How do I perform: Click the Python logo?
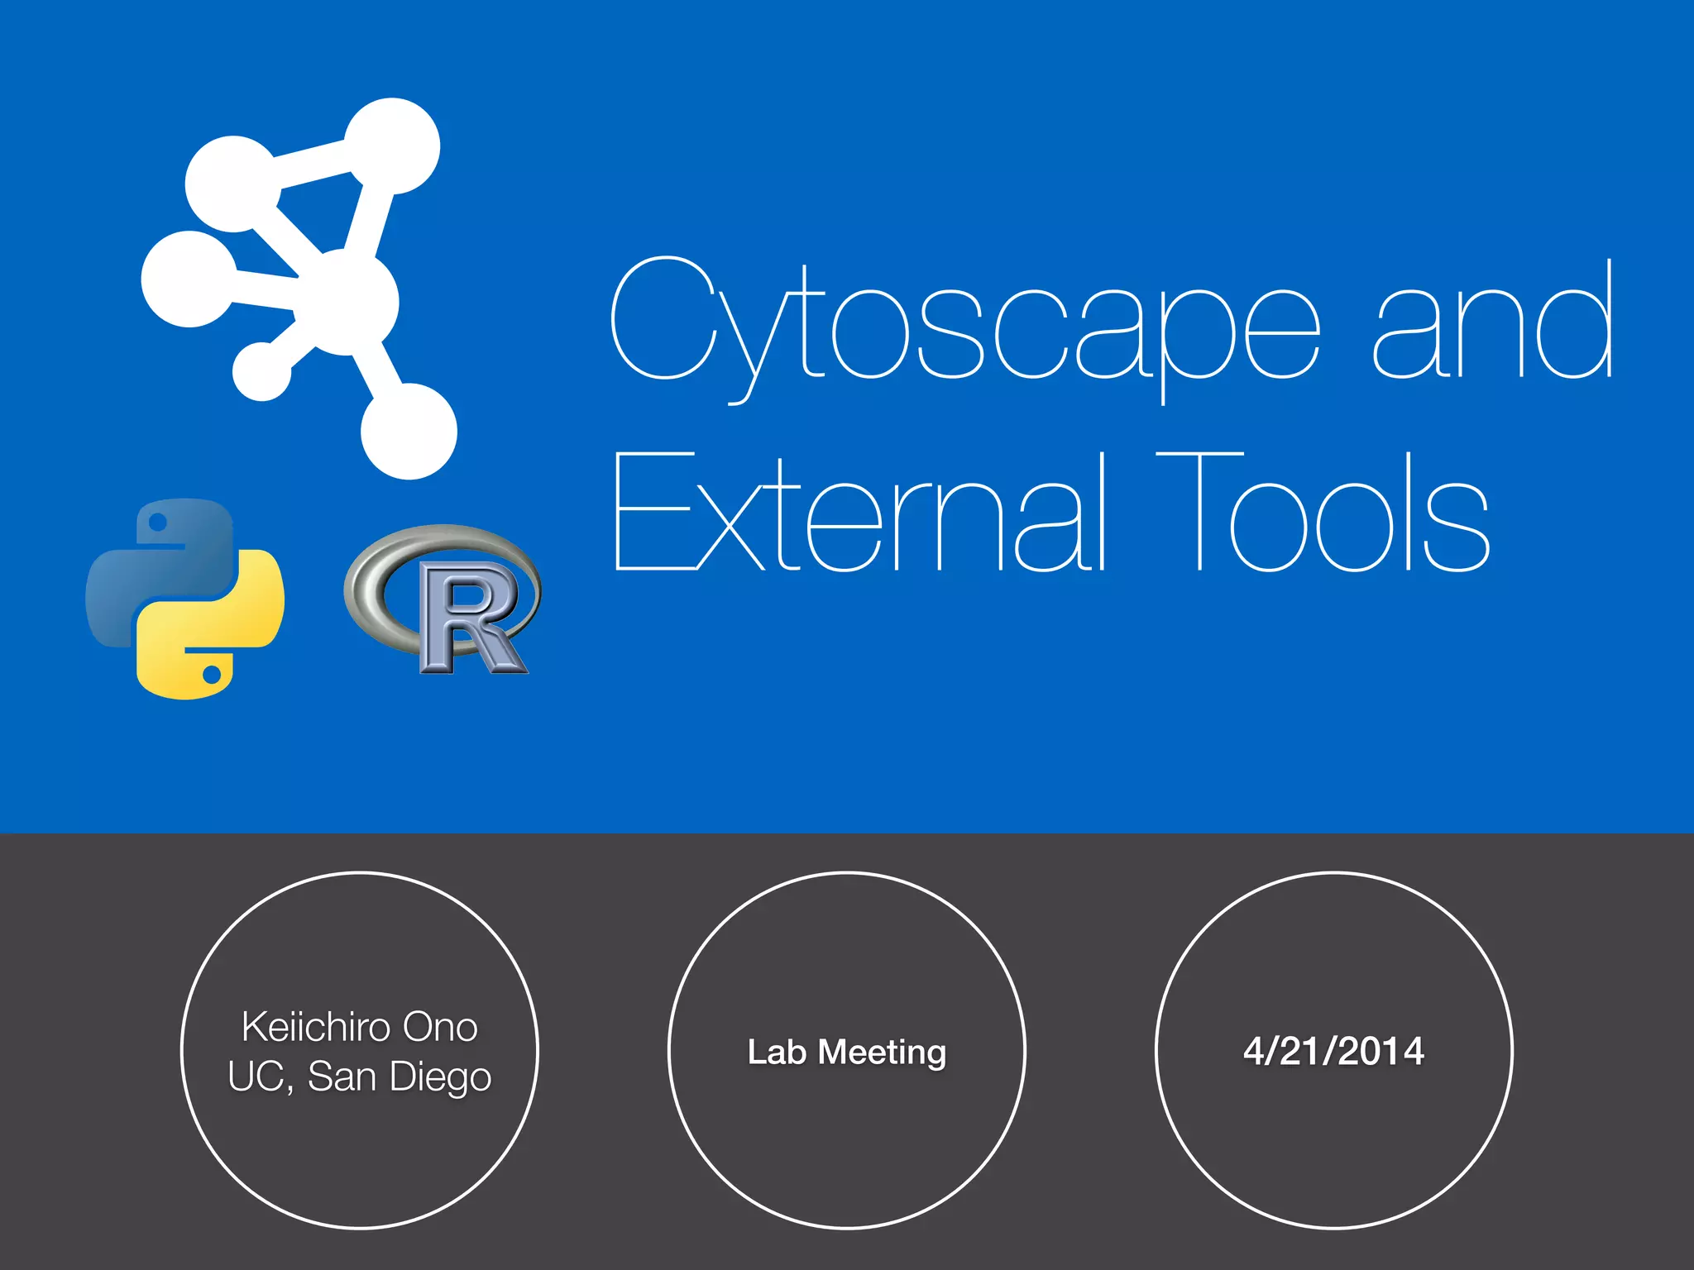(185, 598)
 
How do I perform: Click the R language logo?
(443, 599)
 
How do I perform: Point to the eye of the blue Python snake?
(158, 523)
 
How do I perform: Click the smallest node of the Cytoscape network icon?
(262, 371)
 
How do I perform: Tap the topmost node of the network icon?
(392, 146)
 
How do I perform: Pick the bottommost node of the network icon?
(409, 431)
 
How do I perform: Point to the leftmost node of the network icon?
(189, 279)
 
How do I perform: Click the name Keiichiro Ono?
(360, 1027)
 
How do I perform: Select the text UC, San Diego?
(360, 1077)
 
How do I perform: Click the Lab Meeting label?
(846, 1052)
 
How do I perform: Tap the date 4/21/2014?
(1333, 1051)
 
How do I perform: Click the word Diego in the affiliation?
(440, 1077)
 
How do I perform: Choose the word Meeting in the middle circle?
(882, 1052)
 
